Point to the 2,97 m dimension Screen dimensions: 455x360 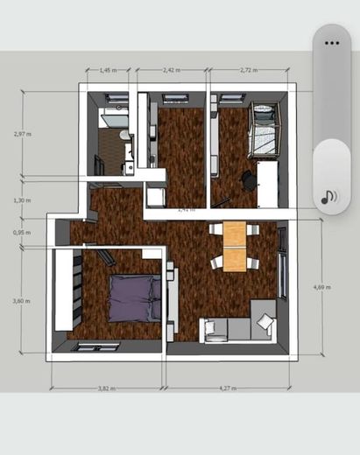tap(23, 134)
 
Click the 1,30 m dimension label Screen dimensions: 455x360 tap(23, 200)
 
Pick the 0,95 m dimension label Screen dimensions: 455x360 tap(23, 233)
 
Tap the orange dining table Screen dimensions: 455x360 tap(234, 246)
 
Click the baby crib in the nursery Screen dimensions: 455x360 tap(264, 129)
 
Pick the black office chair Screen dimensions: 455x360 tap(248, 180)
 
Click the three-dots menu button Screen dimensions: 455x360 tap(331, 42)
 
